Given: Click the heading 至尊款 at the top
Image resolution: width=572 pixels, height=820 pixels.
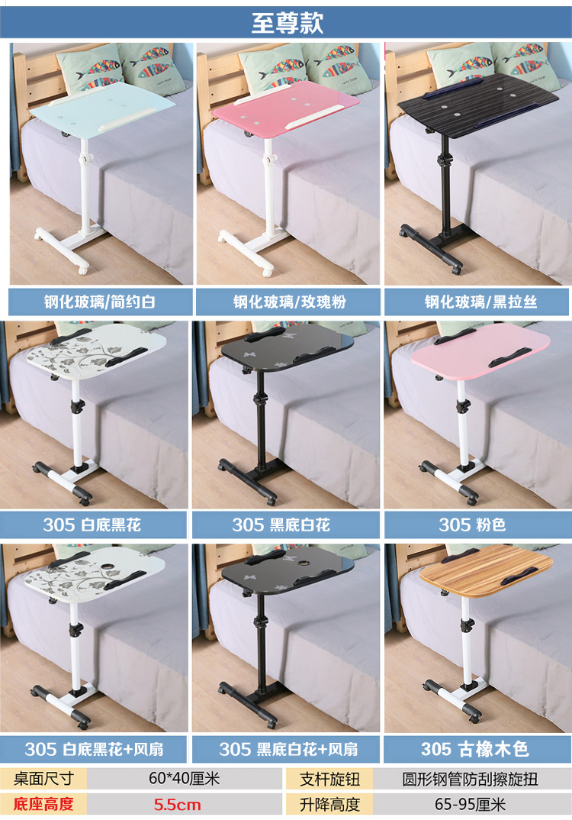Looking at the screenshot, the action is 288,23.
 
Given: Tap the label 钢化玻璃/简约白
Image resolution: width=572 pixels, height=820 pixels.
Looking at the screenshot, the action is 100,302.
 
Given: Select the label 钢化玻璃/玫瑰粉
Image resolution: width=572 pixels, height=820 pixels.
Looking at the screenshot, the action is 289,302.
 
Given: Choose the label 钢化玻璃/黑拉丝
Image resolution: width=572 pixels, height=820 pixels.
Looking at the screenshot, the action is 480,302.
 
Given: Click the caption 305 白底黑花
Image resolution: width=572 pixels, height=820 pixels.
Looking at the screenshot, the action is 92,525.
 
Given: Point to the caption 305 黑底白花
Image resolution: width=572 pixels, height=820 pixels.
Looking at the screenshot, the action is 281,525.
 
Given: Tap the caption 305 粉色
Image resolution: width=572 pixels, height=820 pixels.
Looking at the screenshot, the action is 472,525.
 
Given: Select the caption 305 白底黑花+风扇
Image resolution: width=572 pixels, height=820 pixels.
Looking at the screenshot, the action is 94,749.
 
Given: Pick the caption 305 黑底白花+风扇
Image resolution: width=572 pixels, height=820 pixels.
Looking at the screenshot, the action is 288,749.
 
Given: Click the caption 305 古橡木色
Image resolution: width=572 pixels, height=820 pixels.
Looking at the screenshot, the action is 475,749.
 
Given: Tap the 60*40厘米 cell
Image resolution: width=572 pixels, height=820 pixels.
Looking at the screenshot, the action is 184,778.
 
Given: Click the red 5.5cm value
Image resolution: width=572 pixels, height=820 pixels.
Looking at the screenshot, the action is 177,804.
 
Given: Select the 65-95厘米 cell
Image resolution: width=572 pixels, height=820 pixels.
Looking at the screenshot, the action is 470,804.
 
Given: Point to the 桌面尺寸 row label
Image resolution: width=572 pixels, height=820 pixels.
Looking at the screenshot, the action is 44,778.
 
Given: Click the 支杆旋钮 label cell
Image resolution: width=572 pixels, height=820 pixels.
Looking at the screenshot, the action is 329,779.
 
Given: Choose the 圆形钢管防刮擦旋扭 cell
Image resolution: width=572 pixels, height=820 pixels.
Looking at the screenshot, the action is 470,779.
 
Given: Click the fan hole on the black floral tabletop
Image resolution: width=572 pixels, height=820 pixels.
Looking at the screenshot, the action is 302,564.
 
